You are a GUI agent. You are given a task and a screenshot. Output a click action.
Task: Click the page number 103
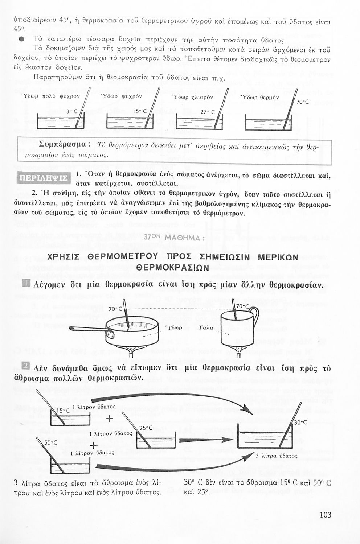pyautogui.click(x=326, y=515)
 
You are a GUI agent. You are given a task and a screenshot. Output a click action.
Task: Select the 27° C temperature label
pyautogui.click(x=208, y=112)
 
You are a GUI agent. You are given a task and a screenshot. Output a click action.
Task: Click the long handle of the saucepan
pyautogui.click(x=87, y=329)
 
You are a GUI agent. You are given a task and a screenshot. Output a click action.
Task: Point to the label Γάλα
pyautogui.click(x=206, y=327)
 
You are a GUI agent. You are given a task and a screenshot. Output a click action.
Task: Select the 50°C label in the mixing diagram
pyautogui.click(x=51, y=442)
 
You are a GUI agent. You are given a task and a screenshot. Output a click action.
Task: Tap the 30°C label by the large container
pyautogui.click(x=300, y=422)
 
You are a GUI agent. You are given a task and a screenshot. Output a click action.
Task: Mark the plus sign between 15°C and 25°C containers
pyautogui.click(x=110, y=420)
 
